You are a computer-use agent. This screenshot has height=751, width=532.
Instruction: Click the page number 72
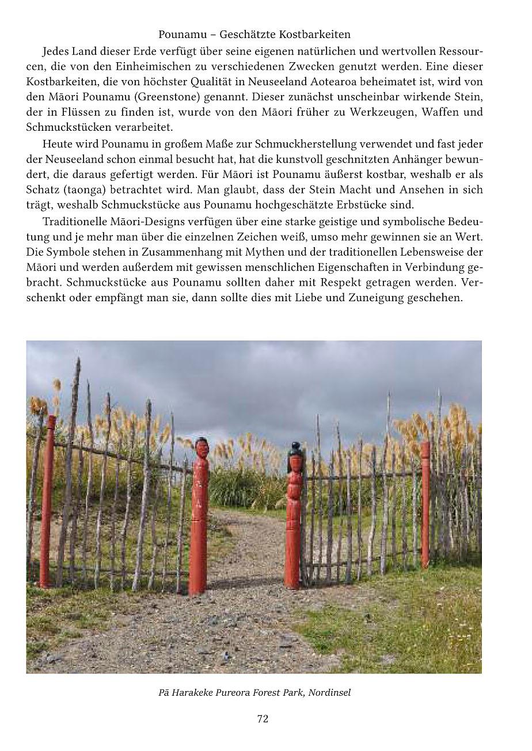pos(263,718)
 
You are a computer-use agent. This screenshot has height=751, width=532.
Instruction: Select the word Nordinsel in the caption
pos(329,692)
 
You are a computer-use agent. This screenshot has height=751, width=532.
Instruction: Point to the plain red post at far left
pos(47,501)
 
